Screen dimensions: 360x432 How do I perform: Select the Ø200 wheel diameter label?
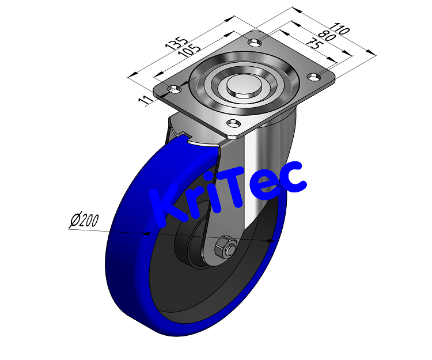[84, 219]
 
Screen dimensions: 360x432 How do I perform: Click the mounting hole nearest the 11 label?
[173, 89]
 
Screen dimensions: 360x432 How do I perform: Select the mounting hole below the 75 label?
[314, 76]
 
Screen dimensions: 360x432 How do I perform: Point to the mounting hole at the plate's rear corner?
[254, 42]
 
